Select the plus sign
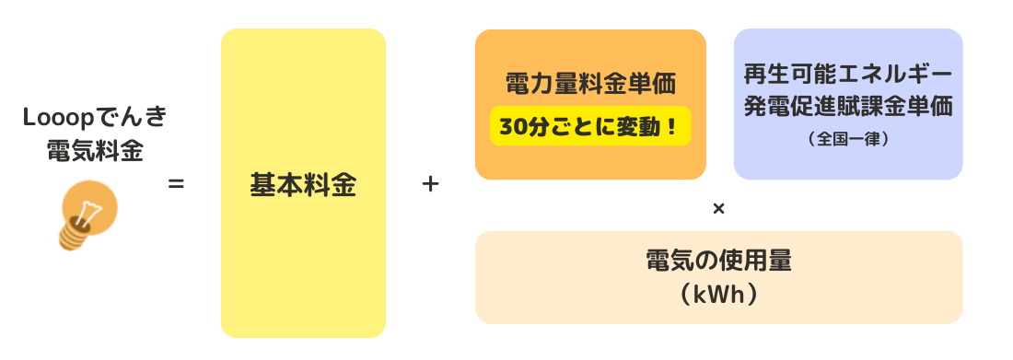coord(429,184)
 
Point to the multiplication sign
coord(718,209)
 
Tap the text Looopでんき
coord(95,119)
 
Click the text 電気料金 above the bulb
coord(95,150)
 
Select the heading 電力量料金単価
coord(590,85)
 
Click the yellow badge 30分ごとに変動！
coord(590,126)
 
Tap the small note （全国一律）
coord(847,139)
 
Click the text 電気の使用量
coord(718,261)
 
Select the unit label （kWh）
coord(718,294)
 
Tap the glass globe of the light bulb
coord(93,203)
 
